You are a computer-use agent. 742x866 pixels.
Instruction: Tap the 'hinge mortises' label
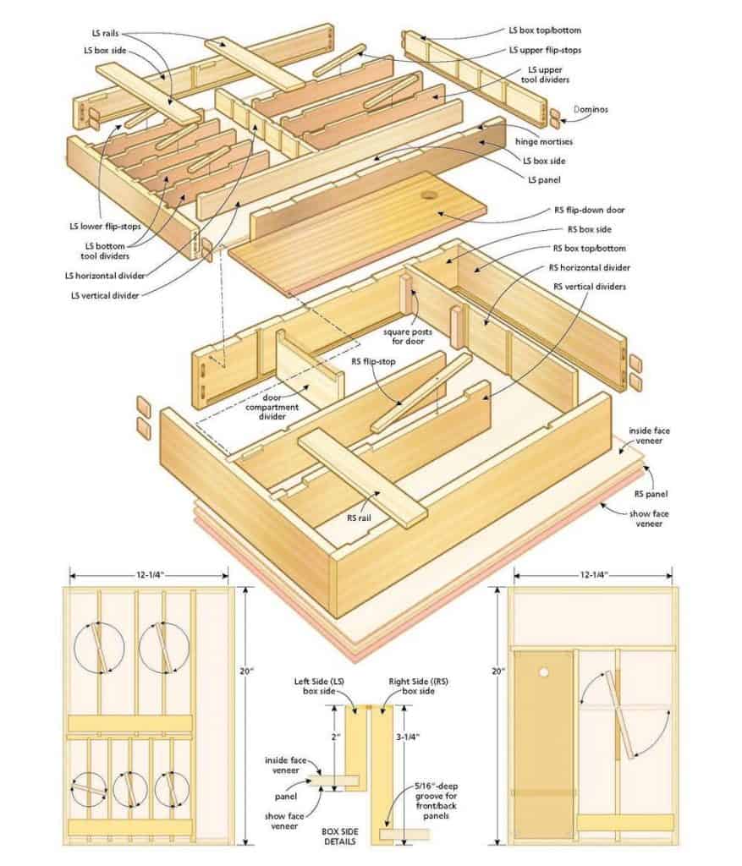pos(543,142)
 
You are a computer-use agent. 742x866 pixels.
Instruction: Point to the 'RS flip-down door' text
pos(590,211)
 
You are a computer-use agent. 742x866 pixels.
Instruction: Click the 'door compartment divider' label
pos(287,406)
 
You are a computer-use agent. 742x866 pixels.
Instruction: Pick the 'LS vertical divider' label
pos(106,295)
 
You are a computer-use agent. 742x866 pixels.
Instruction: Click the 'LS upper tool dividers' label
pos(547,74)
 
